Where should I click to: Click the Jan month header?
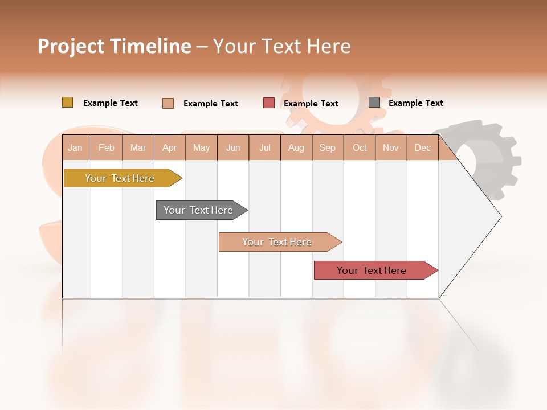[x=76, y=147]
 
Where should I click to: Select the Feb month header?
[x=107, y=147]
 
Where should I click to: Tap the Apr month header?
[x=170, y=147]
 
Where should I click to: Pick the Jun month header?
[x=233, y=147]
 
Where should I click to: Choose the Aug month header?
[x=296, y=147]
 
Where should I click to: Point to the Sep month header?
[x=328, y=147]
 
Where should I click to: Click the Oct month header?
[x=360, y=147]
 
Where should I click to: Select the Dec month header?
[x=423, y=147]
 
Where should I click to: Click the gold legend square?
[x=67, y=102]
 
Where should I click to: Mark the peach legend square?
[x=168, y=103]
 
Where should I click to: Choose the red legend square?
[x=269, y=102]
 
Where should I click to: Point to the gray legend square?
[x=374, y=102]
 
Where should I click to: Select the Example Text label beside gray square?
[x=415, y=103]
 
